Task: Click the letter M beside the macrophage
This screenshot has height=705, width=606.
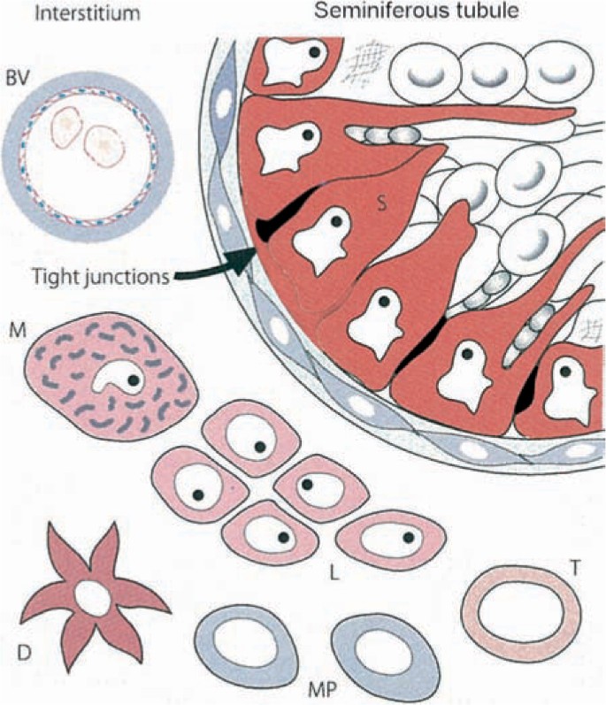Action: tap(16, 332)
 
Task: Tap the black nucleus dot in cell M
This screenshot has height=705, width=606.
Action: tap(132, 381)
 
